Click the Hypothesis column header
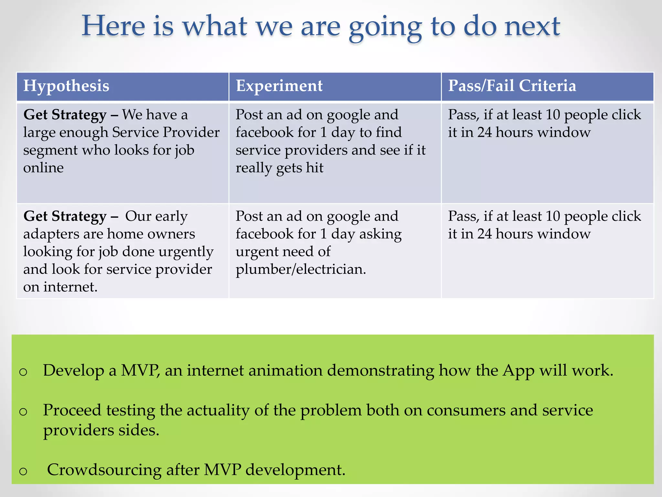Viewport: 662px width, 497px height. [x=66, y=86]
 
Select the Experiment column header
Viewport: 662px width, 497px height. [x=279, y=86]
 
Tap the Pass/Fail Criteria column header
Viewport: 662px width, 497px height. [x=512, y=86]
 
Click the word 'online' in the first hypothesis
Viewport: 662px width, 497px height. [x=43, y=168]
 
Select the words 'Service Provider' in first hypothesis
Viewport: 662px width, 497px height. [x=165, y=132]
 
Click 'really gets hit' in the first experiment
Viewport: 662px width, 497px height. [x=279, y=168]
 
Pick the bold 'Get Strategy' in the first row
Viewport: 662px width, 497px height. [x=65, y=115]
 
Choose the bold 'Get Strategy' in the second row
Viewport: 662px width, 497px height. [x=65, y=216]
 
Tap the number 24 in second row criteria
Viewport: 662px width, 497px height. [x=484, y=234]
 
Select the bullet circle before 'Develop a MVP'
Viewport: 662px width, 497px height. [x=23, y=372]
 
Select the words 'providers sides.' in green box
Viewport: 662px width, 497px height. [x=101, y=430]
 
